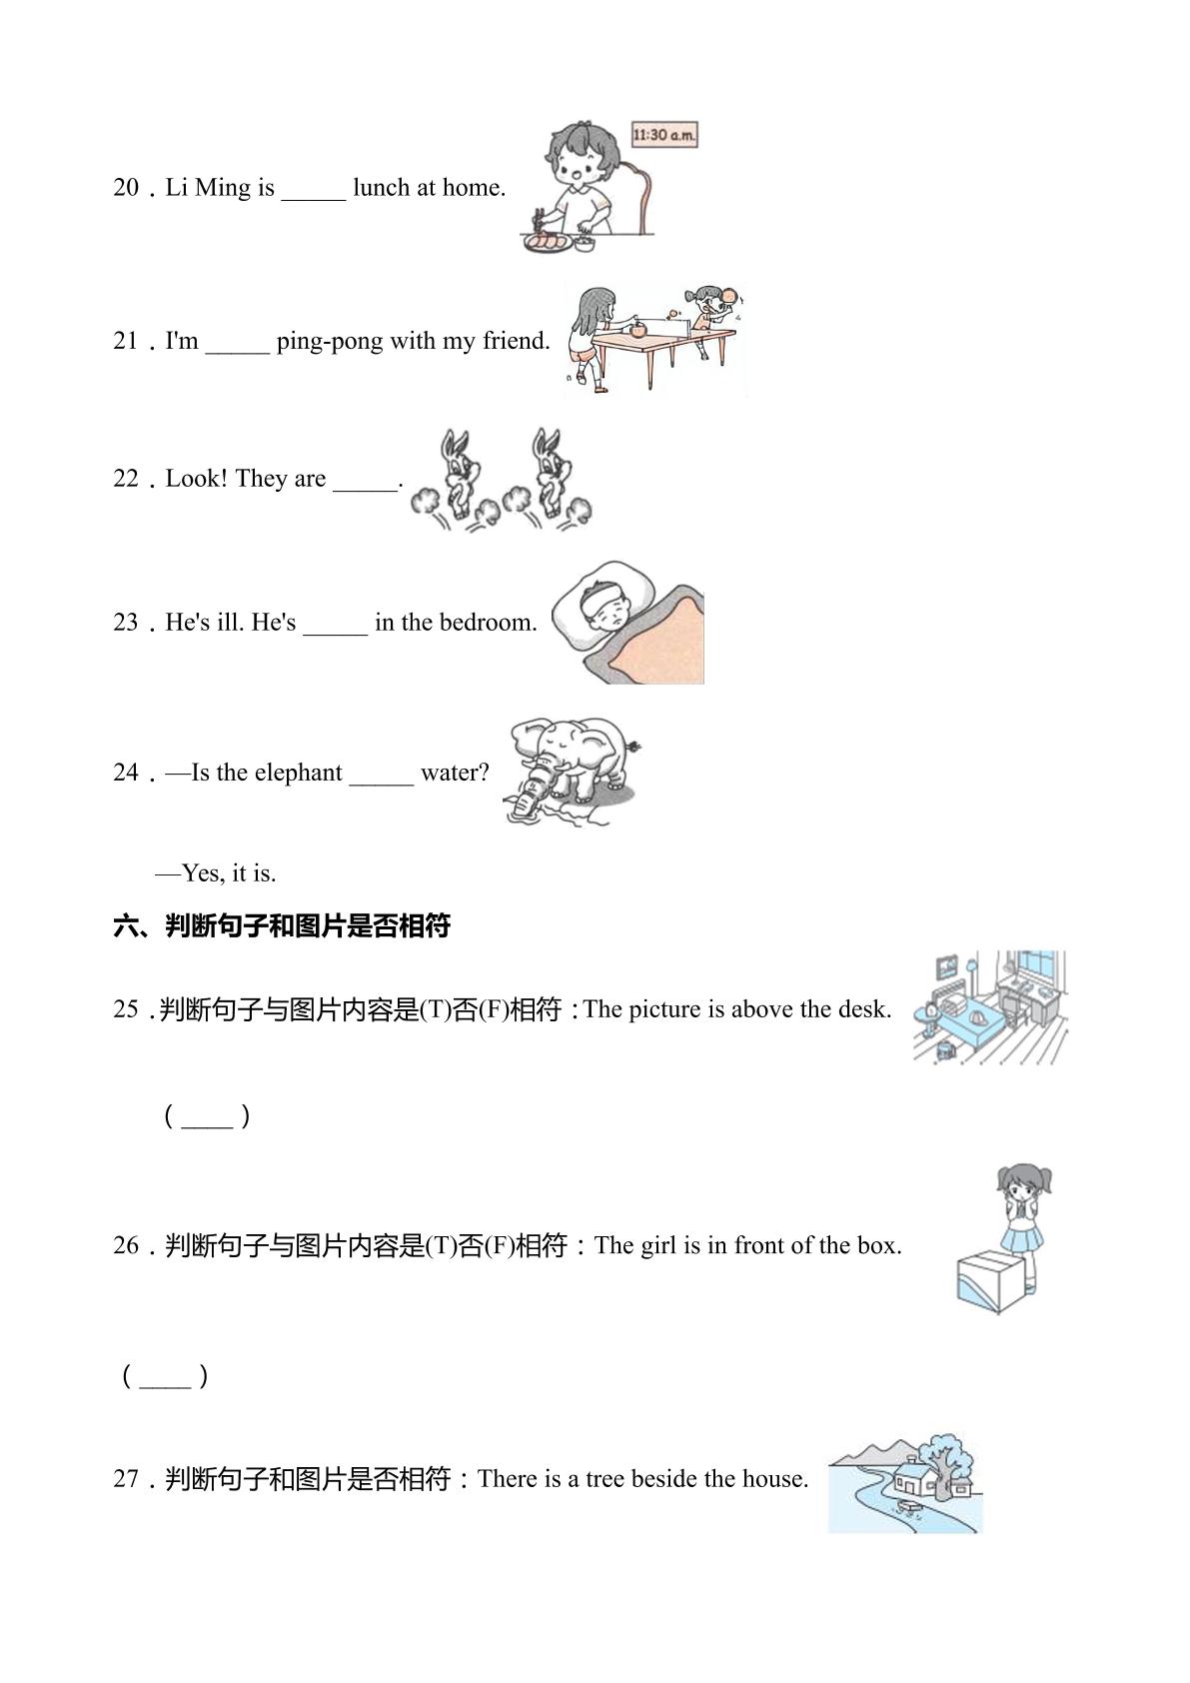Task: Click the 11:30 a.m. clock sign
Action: pos(664,135)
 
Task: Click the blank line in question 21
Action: pos(238,352)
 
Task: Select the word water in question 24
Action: pos(454,773)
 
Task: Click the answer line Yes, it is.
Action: pos(217,873)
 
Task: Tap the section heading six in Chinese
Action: pos(282,925)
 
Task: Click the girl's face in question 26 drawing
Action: pos(1018,1192)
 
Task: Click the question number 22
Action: pos(126,479)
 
